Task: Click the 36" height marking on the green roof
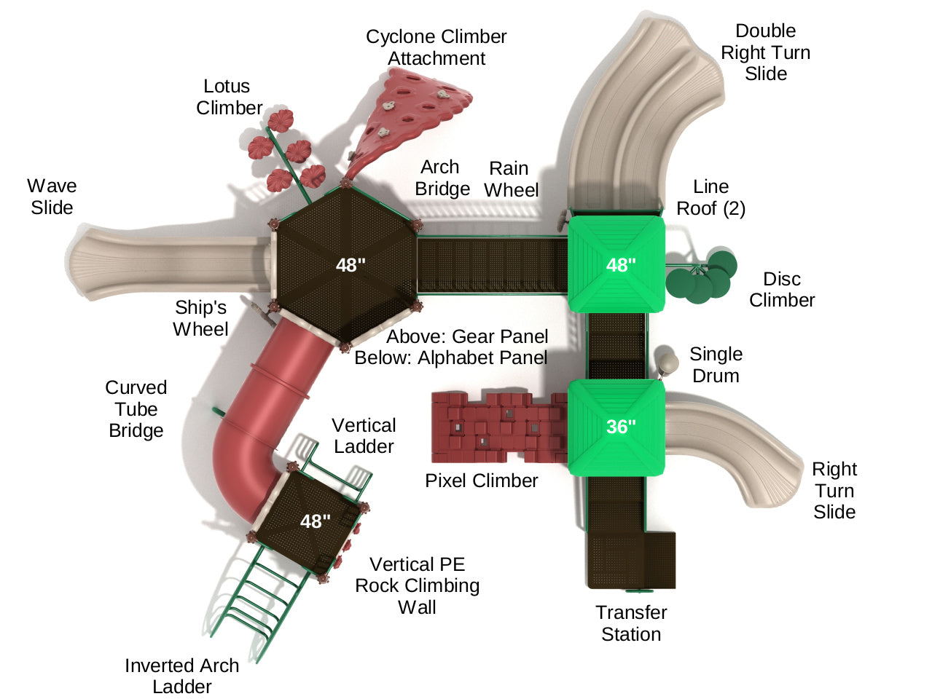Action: click(x=621, y=426)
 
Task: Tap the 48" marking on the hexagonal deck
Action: click(x=351, y=265)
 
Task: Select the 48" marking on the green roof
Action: click(x=621, y=265)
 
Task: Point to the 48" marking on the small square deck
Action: click(x=316, y=521)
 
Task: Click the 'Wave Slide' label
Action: click(x=52, y=197)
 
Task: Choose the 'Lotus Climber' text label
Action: click(x=228, y=97)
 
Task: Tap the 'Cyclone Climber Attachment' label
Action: click(x=436, y=47)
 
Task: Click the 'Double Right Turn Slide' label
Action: click(x=765, y=52)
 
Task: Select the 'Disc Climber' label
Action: click(x=782, y=289)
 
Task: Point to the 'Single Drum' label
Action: click(x=716, y=365)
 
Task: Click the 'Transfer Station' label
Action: click(x=631, y=623)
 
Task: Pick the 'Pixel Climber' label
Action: click(x=482, y=481)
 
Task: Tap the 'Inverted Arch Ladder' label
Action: click(x=181, y=676)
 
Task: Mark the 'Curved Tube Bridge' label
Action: click(x=136, y=408)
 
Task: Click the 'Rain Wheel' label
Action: click(x=511, y=179)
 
